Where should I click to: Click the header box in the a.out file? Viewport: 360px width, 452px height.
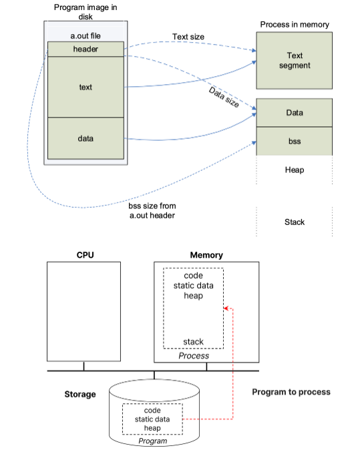coord(85,49)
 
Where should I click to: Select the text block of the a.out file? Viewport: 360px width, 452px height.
coord(85,87)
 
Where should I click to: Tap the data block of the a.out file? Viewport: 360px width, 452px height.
coord(85,138)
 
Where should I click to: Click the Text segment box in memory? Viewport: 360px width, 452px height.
coord(295,61)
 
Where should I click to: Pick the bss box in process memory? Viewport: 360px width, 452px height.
coord(295,142)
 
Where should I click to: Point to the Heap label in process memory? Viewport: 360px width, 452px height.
coord(295,170)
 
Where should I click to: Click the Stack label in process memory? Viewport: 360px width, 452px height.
coord(295,222)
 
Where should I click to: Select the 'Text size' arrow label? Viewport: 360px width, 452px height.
coord(188,37)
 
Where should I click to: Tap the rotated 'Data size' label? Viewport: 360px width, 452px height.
coord(224,97)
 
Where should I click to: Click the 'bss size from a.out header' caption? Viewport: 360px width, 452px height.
coord(152,211)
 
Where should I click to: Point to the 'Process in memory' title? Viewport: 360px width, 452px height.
coord(295,25)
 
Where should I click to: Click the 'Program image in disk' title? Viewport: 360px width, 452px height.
coord(85,12)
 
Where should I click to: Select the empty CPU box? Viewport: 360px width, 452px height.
coord(83,312)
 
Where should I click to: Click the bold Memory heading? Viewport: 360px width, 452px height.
coord(206,255)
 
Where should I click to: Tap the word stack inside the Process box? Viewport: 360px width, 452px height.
coord(193,342)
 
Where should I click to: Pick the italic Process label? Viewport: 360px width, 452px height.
coord(194,356)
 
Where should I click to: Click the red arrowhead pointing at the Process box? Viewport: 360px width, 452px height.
coord(226,308)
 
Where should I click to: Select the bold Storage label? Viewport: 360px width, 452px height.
coord(80,395)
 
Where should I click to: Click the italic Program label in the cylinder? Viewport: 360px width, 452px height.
coord(152,441)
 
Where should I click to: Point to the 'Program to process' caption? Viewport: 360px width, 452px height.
coord(291,392)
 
